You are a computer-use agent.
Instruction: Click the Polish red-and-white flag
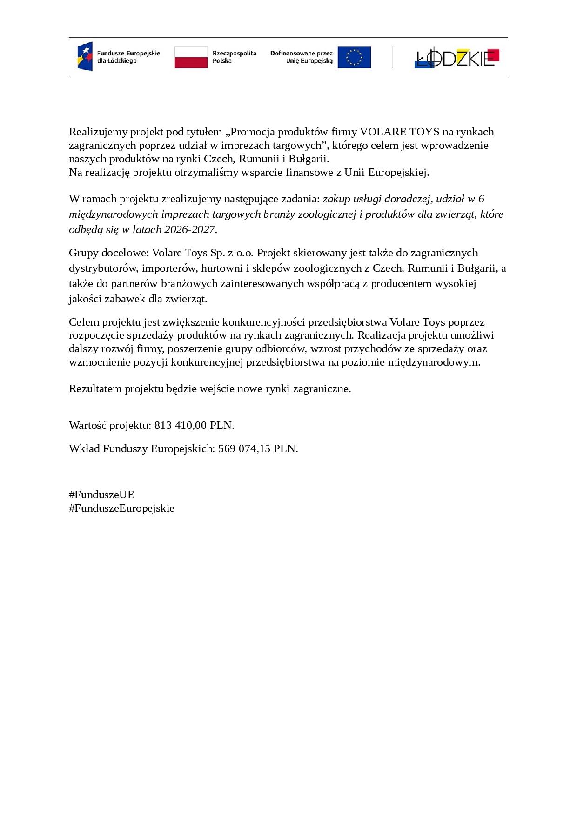point(191,57)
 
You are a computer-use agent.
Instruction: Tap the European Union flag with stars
point(354,57)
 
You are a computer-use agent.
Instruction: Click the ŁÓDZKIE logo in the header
point(456,58)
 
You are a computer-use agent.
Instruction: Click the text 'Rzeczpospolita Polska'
point(234,57)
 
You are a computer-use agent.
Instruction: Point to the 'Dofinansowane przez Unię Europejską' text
point(301,57)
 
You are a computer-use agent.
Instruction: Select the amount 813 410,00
point(181,426)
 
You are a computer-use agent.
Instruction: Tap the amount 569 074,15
point(244,449)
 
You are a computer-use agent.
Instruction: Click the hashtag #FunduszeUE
point(101,495)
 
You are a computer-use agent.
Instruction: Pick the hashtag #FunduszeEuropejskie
point(121,508)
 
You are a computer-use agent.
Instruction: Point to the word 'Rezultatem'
point(95,389)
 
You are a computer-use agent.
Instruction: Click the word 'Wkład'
point(84,449)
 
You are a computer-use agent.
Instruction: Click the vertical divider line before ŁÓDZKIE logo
point(393,57)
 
